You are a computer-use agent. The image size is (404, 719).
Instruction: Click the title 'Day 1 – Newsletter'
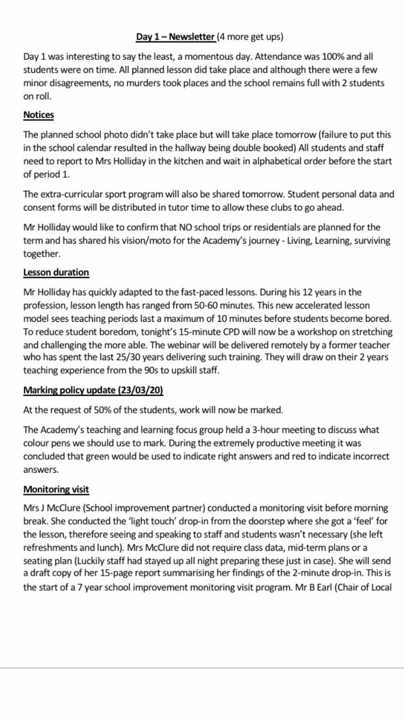click(x=175, y=37)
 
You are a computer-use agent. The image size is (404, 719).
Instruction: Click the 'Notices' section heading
click(x=39, y=114)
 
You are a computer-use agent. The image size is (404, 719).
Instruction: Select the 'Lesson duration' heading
click(x=56, y=272)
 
